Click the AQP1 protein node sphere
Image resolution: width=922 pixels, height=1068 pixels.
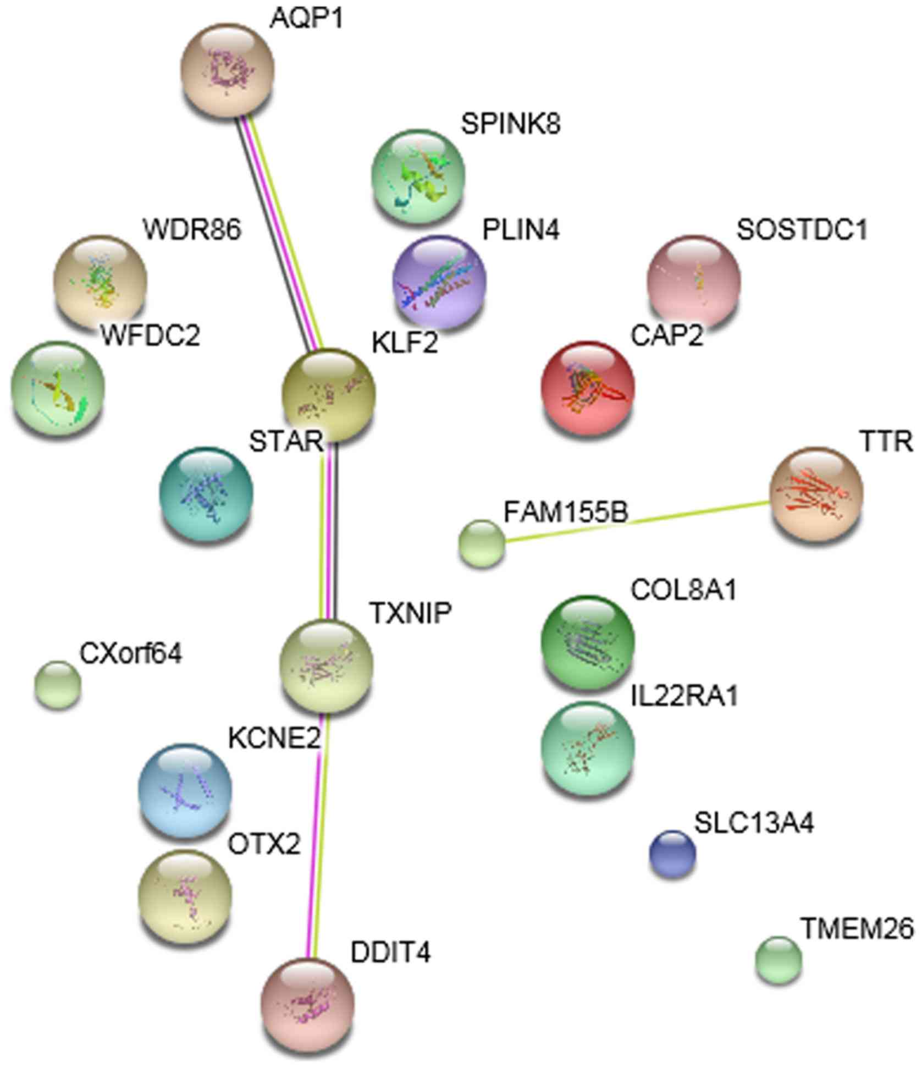(x=227, y=70)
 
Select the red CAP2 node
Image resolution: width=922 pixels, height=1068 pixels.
(x=588, y=387)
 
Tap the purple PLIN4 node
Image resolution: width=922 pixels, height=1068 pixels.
(x=439, y=282)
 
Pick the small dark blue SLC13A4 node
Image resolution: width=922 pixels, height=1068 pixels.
(x=672, y=854)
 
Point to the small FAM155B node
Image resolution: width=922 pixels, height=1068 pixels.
(x=481, y=543)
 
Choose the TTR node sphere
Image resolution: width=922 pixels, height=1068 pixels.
(x=816, y=493)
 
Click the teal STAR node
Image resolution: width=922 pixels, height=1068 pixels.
(x=206, y=493)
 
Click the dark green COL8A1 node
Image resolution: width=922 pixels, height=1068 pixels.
(x=588, y=641)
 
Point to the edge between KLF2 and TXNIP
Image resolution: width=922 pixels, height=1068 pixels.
(x=329, y=531)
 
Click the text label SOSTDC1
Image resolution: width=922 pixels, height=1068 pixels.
(x=802, y=230)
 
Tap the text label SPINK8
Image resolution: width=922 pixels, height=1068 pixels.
(x=511, y=124)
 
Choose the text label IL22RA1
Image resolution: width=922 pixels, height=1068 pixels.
(x=683, y=696)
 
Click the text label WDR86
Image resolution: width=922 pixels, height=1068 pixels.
(x=192, y=229)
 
